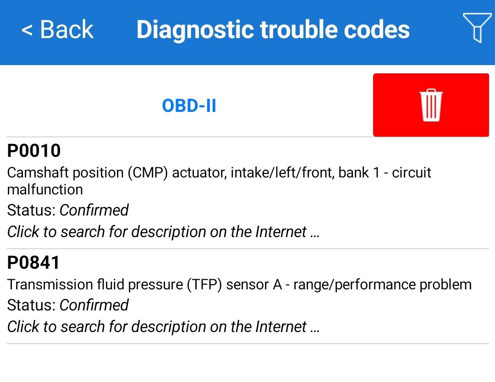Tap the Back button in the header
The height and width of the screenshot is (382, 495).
(x=57, y=29)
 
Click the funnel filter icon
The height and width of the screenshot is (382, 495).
(x=477, y=28)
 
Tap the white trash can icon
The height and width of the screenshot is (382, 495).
(x=431, y=105)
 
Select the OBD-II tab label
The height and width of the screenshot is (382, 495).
(x=189, y=105)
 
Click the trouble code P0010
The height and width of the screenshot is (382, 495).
(x=34, y=150)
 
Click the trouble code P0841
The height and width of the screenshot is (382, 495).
(x=33, y=263)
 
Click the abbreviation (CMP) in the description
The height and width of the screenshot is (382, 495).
(x=148, y=173)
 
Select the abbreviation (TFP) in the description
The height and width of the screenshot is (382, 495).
(x=204, y=285)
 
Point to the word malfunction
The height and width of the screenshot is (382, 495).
(x=45, y=189)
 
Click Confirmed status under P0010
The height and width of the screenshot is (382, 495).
(x=94, y=210)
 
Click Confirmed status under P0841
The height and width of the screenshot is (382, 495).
(x=94, y=305)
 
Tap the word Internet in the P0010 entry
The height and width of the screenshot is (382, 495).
(x=281, y=232)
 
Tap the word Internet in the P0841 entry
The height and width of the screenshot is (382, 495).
(x=281, y=327)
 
